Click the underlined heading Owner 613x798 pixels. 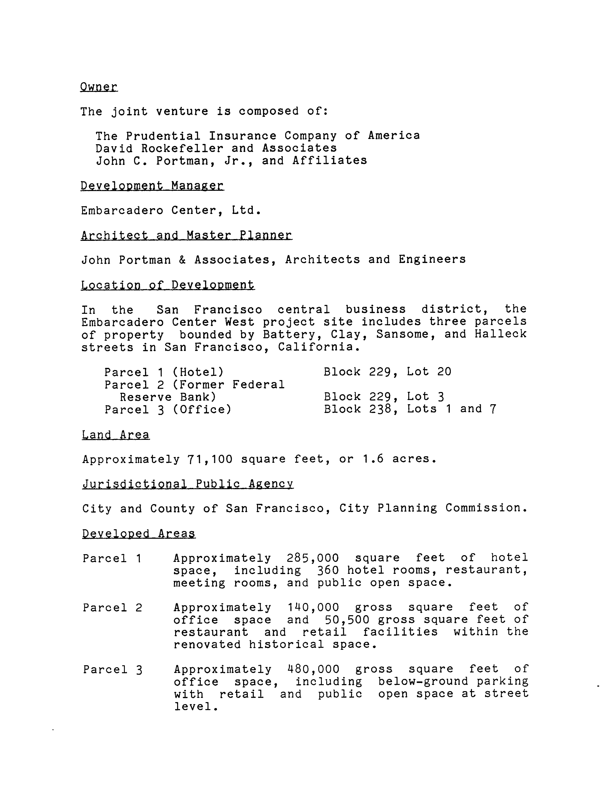click(99, 87)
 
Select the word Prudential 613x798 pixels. click(163, 136)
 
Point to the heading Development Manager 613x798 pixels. click(152, 186)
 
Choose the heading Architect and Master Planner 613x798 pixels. click(186, 235)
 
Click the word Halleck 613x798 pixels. click(501, 334)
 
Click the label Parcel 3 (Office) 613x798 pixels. click(168, 409)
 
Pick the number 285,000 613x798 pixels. click(313, 558)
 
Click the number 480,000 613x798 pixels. click(313, 669)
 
